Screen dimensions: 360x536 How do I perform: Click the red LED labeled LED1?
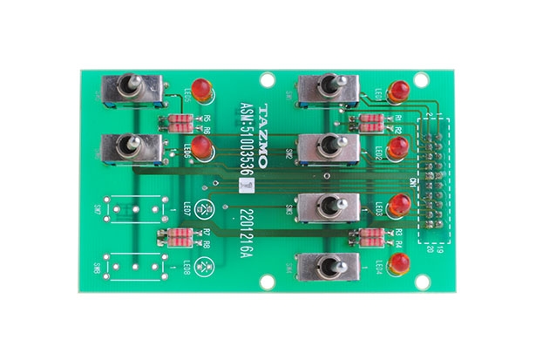tap(398, 91)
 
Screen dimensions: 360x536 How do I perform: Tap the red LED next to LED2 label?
tap(400, 146)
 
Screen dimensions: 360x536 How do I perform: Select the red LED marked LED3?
tap(400, 206)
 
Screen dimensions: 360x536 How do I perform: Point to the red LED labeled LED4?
tap(399, 263)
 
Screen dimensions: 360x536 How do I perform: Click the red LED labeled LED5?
tap(202, 89)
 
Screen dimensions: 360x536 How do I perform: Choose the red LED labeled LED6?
tap(201, 146)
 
